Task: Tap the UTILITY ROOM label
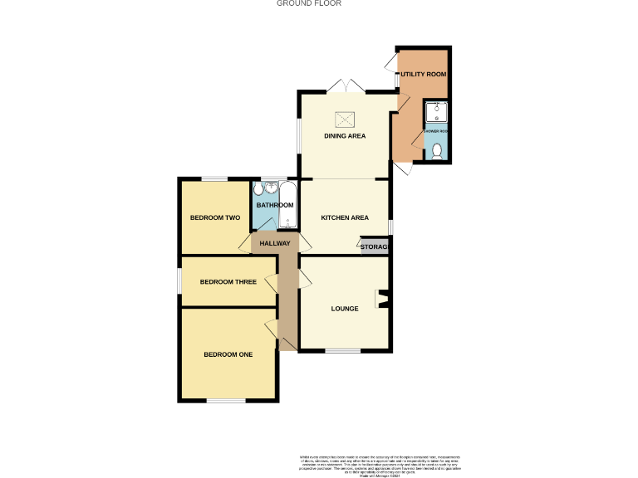click(424, 74)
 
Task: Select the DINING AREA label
click(345, 136)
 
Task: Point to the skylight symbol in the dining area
click(345, 118)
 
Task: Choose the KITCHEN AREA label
click(345, 218)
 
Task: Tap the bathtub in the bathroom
click(287, 205)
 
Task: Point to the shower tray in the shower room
click(436, 112)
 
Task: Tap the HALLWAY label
click(275, 243)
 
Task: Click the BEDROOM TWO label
click(215, 218)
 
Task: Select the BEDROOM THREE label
click(228, 281)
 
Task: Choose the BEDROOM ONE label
click(228, 354)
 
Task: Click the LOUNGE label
click(345, 309)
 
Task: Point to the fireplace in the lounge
click(382, 299)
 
